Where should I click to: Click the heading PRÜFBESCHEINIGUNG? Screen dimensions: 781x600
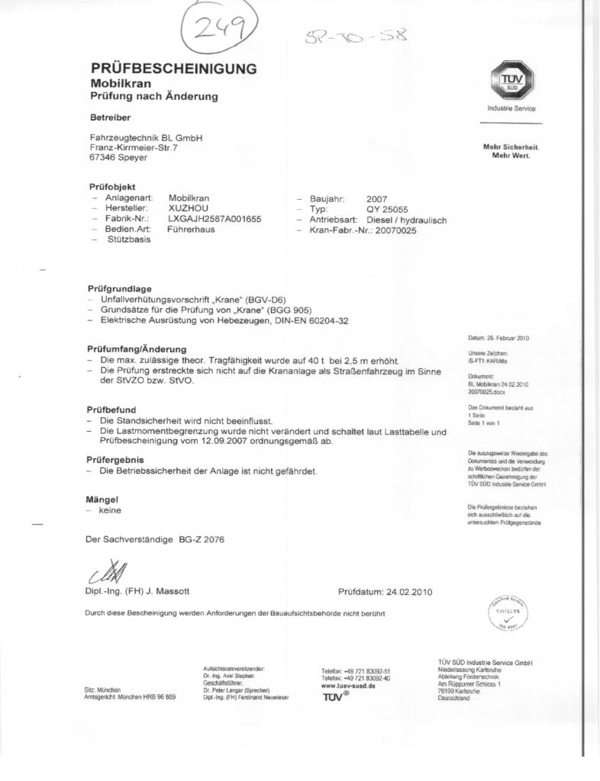[x=173, y=69]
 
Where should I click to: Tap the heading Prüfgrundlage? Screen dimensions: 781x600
[x=120, y=289]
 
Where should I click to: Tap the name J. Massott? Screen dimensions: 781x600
[x=162, y=591]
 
